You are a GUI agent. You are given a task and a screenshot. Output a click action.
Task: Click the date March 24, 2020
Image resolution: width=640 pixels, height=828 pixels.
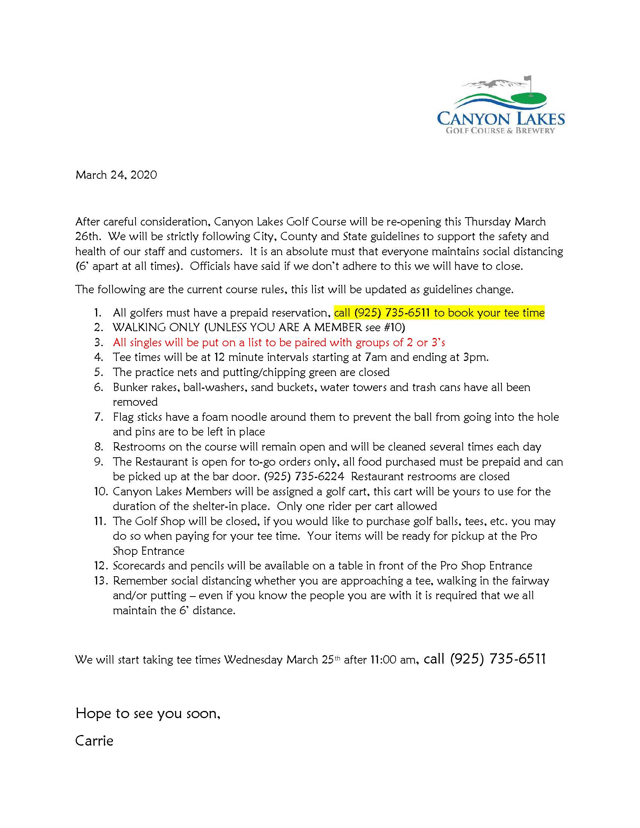[116, 175]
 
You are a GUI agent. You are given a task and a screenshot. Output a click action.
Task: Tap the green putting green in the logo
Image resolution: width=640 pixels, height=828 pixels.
[528, 99]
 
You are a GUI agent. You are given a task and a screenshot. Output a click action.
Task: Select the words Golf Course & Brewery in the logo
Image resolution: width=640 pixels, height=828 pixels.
[500, 131]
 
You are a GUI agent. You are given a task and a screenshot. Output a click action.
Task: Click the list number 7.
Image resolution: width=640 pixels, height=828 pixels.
[99, 417]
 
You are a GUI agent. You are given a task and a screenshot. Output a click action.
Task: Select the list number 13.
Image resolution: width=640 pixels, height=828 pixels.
[101, 580]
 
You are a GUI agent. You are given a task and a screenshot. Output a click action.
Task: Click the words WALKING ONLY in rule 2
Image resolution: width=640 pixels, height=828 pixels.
[156, 327]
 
